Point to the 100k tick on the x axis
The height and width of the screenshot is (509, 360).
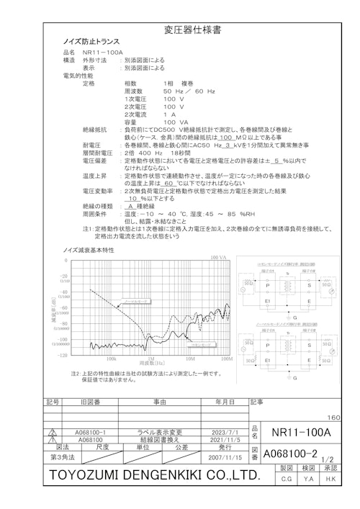point(111,358)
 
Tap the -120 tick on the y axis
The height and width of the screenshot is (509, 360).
point(63,354)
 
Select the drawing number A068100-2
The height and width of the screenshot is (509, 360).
point(290,454)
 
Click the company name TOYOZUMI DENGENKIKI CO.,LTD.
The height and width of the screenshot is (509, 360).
point(154,476)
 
